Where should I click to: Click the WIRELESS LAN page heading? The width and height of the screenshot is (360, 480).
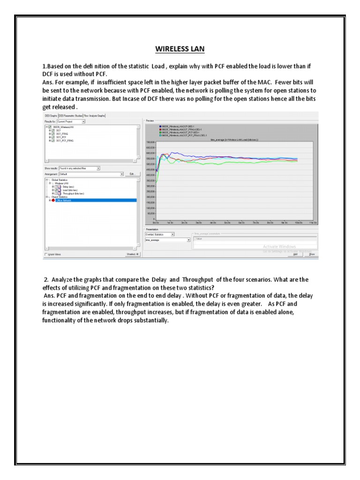point(180,48)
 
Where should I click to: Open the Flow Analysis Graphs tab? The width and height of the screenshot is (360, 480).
point(95,115)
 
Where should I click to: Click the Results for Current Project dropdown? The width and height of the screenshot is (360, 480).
point(70,121)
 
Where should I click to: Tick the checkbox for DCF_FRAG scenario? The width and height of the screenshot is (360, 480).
point(52,134)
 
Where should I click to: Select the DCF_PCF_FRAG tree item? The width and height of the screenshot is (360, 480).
point(64,140)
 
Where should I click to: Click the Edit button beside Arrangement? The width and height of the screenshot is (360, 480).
point(132,174)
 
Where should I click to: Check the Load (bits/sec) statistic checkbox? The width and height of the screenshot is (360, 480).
point(55,190)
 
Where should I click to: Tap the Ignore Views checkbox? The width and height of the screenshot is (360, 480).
point(45,254)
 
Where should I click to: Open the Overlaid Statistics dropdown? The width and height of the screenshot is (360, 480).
point(159,234)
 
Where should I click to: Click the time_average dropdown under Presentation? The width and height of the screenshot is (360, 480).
point(167,240)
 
